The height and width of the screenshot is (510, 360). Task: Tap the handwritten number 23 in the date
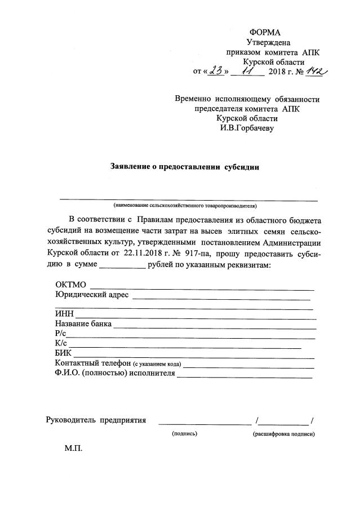[216, 71]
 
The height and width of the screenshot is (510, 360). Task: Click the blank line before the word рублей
[122, 264]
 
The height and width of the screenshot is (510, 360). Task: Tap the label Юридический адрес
[92, 295]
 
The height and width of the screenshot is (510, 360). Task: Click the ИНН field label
[64, 314]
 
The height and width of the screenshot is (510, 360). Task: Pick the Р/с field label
[61, 335]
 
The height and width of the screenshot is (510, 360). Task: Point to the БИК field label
[64, 354]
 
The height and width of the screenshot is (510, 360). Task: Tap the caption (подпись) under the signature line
[184, 434]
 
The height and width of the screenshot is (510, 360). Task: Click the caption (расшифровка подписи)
[283, 434]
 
